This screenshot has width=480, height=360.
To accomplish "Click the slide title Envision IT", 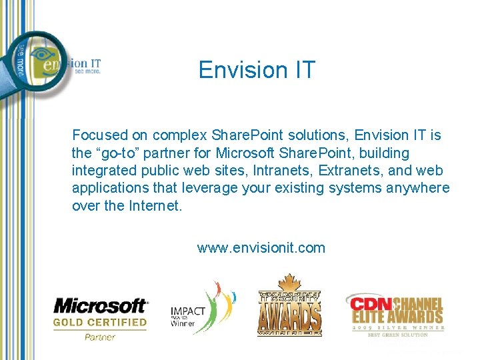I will click(256, 70).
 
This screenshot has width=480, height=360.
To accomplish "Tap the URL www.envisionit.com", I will click(261, 248).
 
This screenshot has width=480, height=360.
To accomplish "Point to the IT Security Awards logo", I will click(289, 307).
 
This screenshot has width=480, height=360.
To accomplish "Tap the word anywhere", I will click(417, 188).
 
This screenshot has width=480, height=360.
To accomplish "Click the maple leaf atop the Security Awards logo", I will click(289, 281).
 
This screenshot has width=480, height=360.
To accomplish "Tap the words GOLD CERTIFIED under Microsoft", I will click(100, 322).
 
